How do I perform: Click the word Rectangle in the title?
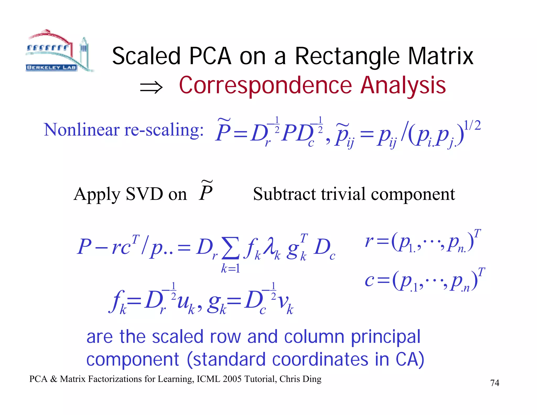coord(347,56)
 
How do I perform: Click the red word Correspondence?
coord(265,86)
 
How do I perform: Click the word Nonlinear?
coord(82,130)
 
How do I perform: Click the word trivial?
coord(343,194)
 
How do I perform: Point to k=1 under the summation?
coord(230,268)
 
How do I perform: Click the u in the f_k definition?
coord(183,302)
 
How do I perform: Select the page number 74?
coord(495,383)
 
